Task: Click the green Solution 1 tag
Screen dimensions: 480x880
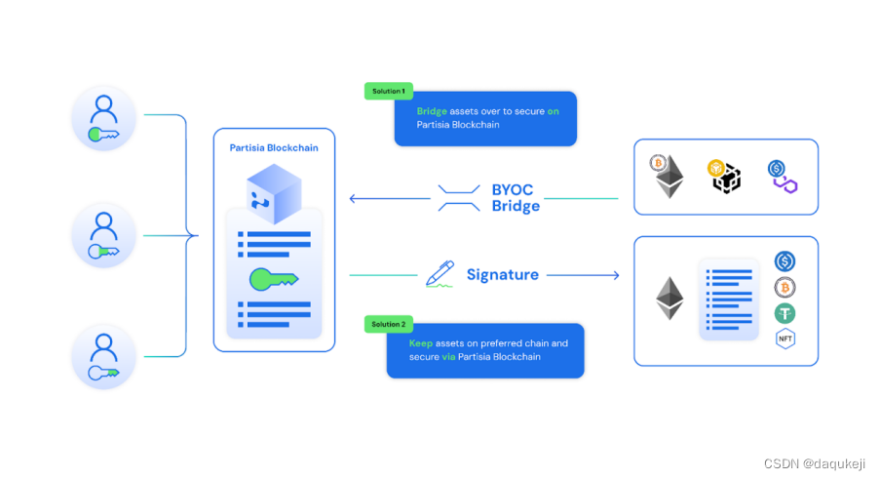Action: click(388, 91)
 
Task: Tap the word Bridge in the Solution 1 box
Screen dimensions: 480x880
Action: click(432, 111)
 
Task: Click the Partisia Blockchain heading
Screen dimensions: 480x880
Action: click(274, 148)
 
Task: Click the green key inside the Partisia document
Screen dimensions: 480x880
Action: click(274, 279)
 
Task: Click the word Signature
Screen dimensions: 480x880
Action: click(502, 274)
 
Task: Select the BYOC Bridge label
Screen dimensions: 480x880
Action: click(516, 198)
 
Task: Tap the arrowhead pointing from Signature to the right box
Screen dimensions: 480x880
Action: click(614, 275)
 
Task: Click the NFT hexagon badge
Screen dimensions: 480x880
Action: click(785, 340)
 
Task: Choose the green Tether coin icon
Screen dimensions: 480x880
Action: click(785, 313)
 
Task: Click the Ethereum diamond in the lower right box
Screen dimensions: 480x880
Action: click(670, 299)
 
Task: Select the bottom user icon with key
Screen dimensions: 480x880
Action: click(103, 356)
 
